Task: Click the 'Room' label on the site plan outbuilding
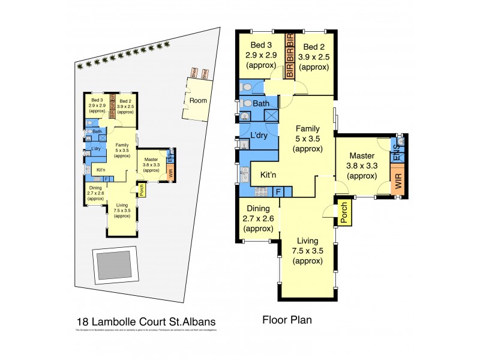point(198,101)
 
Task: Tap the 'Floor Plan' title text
point(287,320)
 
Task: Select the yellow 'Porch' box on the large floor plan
point(344,212)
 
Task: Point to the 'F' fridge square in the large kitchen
point(279,193)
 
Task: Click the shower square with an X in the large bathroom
point(272,116)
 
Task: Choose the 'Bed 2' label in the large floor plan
point(315,46)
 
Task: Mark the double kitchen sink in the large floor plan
point(244,173)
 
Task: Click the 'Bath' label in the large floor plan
point(261,104)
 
